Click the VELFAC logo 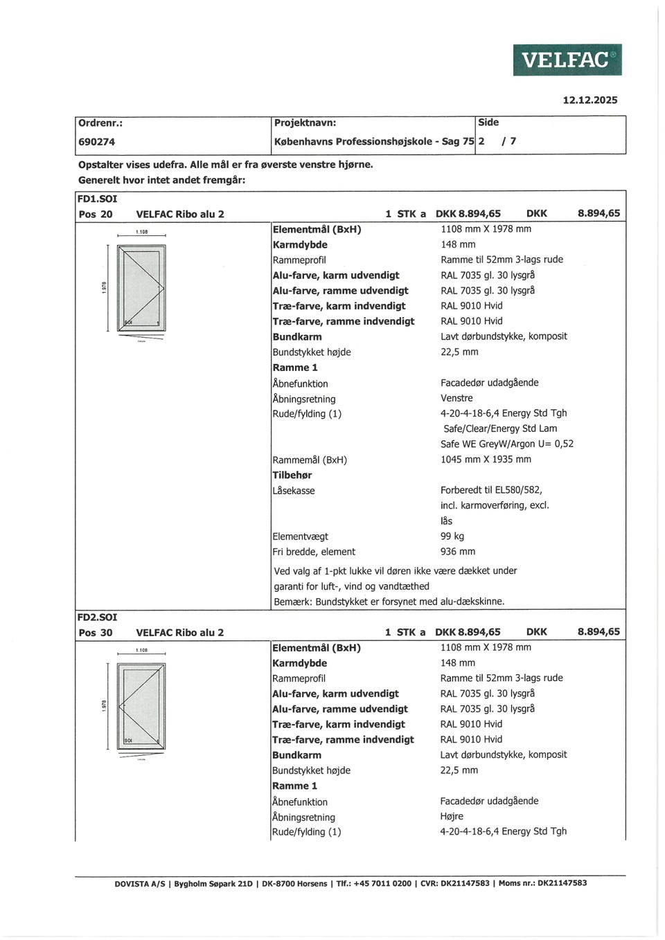point(567,60)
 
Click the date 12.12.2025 point(589,100)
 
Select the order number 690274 point(96,141)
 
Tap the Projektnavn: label point(305,123)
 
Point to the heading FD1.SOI point(97,199)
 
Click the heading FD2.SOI point(97,617)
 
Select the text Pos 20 point(96,214)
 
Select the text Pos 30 point(96,632)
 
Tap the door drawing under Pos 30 point(141,706)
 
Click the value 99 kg point(452,536)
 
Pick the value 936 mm point(458,552)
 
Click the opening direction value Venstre point(456,398)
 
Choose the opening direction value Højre point(452,816)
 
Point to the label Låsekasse point(294,491)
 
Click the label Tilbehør point(292,475)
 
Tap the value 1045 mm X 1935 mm point(486,459)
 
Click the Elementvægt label point(300,536)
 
